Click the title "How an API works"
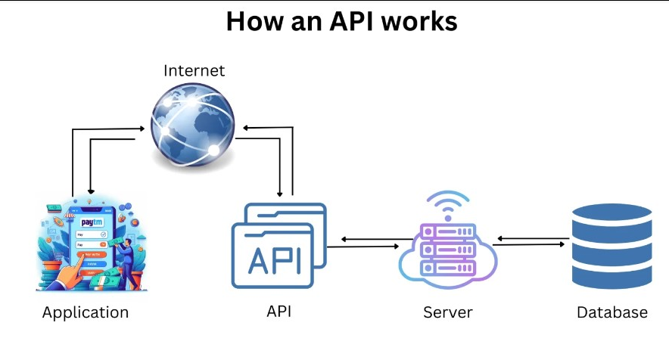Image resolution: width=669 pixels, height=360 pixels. (341, 21)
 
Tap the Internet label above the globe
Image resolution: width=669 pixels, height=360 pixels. (194, 70)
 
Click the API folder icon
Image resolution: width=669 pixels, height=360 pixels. (278, 246)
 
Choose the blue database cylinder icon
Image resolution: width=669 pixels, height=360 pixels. (612, 246)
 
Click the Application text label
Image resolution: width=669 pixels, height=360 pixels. (86, 312)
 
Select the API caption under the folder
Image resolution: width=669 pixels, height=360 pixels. (278, 311)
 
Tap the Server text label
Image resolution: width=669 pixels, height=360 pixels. (447, 312)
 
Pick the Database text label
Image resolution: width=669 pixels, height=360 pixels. (612, 312)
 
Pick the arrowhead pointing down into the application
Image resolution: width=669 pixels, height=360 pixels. (90, 193)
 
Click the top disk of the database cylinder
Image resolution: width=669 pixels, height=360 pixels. (612, 214)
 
